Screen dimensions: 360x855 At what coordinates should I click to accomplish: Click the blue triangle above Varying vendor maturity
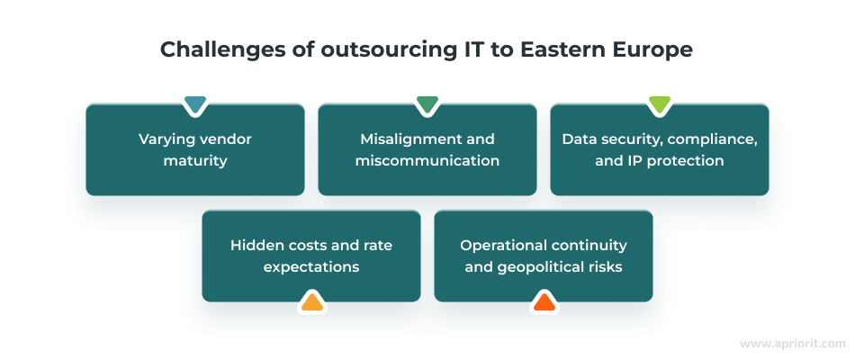(x=194, y=104)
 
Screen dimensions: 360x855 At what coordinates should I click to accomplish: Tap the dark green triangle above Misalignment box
(x=427, y=104)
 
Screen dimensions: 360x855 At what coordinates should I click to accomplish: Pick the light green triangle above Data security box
(x=659, y=104)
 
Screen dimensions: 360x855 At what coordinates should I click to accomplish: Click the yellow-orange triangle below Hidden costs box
(x=310, y=301)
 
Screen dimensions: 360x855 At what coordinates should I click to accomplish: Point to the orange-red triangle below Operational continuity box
(x=543, y=301)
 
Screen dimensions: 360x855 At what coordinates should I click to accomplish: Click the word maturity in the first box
(x=195, y=161)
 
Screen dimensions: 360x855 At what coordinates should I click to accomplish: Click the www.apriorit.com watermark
(x=792, y=344)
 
